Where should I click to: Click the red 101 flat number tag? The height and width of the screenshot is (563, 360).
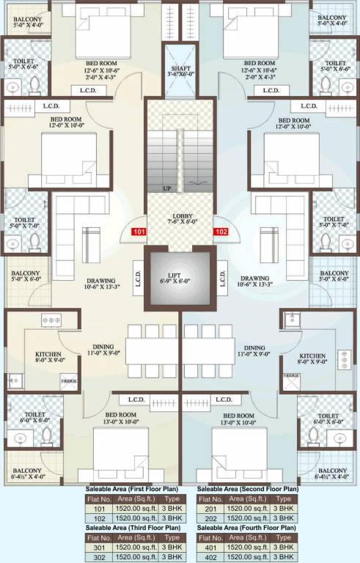138,233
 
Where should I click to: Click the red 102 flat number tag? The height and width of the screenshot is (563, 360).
221,233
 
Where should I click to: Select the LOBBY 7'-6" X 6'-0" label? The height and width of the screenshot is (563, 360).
180,221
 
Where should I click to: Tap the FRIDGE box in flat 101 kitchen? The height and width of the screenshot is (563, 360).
69,380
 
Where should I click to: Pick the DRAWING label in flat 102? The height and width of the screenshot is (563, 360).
254,283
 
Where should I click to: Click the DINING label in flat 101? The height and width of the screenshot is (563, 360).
103,352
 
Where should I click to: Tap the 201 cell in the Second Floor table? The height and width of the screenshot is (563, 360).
210,508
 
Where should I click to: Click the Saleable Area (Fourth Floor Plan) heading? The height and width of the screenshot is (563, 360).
247,528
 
